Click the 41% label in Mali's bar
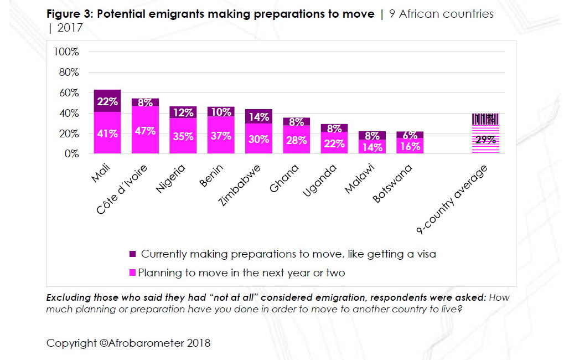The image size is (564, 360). coord(107,134)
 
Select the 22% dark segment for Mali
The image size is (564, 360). coord(107,101)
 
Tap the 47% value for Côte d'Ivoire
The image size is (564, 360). coord(145,131)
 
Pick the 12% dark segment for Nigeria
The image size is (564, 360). coord(183,112)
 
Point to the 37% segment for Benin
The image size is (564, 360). coord(221,135)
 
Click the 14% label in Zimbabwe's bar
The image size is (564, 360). coord(258,117)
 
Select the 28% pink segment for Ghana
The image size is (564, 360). coord(297,140)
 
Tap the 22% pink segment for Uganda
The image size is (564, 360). coord(334,143)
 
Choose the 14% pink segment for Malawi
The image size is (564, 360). coord(372,147)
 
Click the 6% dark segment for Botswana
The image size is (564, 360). coord(410,135)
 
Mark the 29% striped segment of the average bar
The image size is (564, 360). coord(485,140)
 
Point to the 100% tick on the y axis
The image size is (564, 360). coord(66,52)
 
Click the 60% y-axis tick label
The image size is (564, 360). coord(69,92)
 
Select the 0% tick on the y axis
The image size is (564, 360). coord(71,154)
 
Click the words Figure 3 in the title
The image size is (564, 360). coord(69,14)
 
